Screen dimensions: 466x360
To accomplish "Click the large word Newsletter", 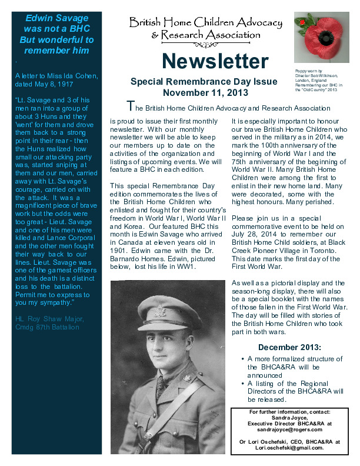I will pos(215,61).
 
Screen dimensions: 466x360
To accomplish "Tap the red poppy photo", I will pos(322,39).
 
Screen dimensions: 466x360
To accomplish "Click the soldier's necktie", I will pos(161,385).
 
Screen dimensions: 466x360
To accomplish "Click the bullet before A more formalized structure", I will pos(244,358).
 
